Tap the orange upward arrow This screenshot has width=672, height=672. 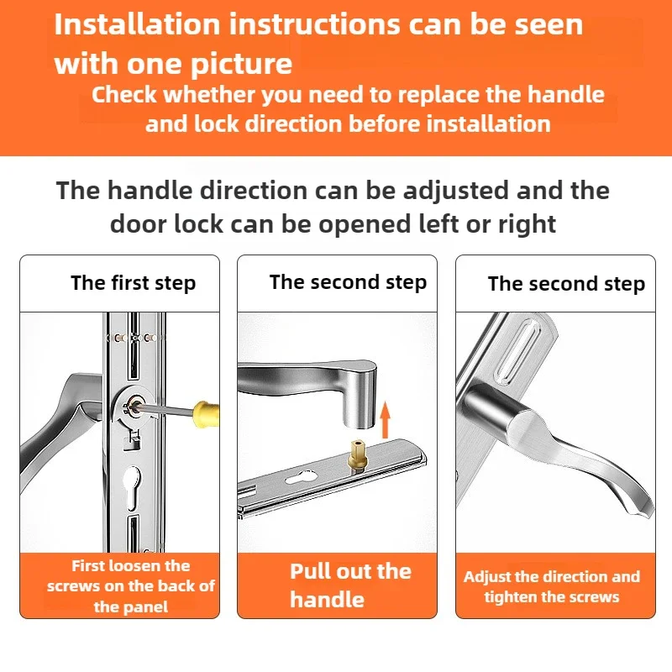pos(386,419)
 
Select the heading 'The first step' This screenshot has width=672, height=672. pos(134,283)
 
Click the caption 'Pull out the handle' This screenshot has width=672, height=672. pos(350,585)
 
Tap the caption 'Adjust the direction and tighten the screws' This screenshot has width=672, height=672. pos(552,586)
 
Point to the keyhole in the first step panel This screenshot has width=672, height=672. pos(132,489)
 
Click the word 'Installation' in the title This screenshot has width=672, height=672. pos(137,24)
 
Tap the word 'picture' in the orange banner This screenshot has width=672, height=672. pos(241,65)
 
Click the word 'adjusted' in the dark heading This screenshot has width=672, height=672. pos(456,192)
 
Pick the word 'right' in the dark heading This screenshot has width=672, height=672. pos(528,224)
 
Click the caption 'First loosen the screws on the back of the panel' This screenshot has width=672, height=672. pos(131,586)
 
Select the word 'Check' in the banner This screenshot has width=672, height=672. pos(124,95)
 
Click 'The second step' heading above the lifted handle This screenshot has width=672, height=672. pos(348,282)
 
